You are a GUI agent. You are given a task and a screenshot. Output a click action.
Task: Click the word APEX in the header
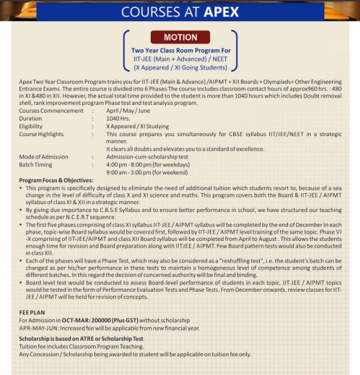(212, 11)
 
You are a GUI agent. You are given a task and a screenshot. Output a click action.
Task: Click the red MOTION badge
(180, 38)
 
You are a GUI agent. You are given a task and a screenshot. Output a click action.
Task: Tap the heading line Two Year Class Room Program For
(180, 50)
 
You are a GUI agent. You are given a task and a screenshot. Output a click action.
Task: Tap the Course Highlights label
(41, 135)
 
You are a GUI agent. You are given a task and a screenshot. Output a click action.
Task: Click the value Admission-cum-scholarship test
(148, 157)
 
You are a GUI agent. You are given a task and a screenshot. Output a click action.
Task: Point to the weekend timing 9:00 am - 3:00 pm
(133, 173)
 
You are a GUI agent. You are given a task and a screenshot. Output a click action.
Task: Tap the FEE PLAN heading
(32, 313)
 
